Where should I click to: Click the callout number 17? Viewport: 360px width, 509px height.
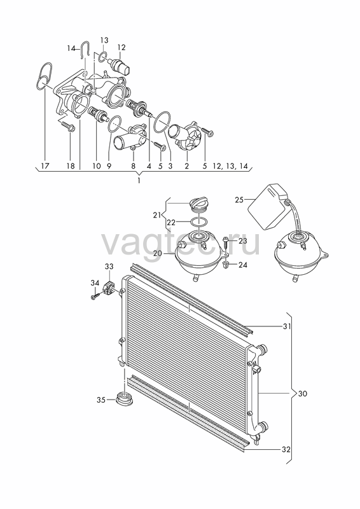click(45, 166)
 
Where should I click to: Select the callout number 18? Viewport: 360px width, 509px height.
click(71, 166)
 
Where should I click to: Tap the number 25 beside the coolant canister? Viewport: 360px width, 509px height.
click(239, 200)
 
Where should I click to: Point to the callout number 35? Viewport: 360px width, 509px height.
click(101, 400)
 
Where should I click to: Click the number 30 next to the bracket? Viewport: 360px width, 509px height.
click(302, 394)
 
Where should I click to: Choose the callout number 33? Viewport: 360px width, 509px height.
click(109, 267)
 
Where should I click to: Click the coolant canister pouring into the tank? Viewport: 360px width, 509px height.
click(268, 207)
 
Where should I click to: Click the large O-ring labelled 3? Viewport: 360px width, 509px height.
click(162, 122)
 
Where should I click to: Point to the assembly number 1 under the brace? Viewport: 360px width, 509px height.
click(139, 181)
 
